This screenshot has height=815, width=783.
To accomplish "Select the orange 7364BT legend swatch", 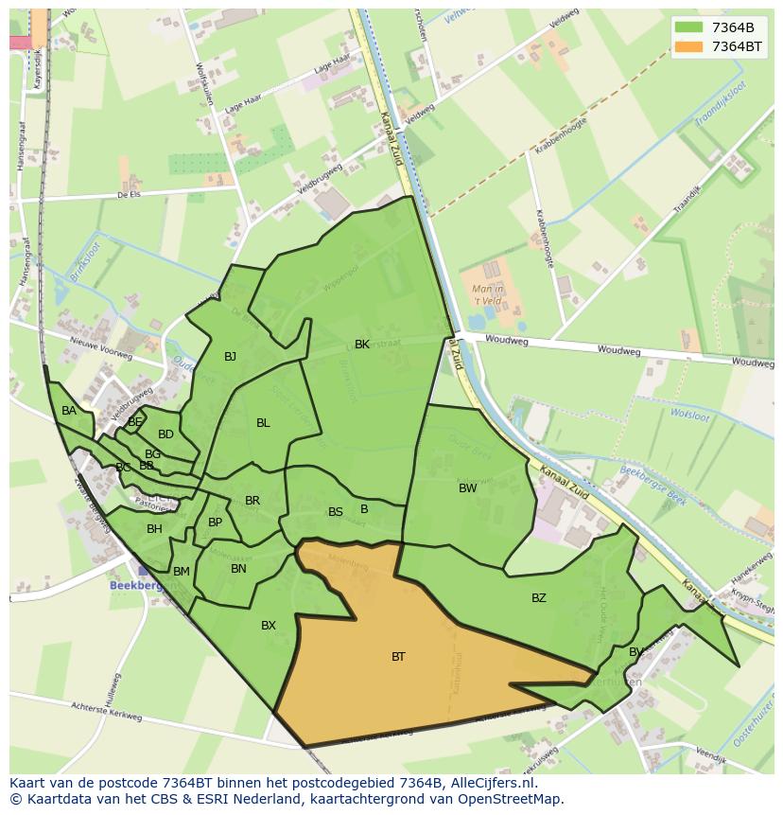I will coord(689,46).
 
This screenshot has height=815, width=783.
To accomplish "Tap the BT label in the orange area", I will coord(398,656).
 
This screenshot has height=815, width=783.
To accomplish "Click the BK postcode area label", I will coord(362,345).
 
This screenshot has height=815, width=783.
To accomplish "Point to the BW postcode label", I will coord(467,488).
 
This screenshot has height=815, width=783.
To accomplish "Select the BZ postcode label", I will coord(538,597).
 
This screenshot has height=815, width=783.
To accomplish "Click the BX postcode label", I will coord(269,626).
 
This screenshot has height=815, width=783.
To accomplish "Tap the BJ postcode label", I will coord(230,357).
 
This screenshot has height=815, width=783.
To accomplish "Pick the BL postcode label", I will coord(263,423).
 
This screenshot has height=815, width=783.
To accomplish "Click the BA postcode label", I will coord(69,411).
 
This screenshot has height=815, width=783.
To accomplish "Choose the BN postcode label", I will coord(238,569).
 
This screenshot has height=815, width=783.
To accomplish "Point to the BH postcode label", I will coord(154,529).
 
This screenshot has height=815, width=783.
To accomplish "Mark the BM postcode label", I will coord(182,571).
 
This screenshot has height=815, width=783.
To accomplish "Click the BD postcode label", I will coord(165,434).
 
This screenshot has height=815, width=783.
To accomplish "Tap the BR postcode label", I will coord(252,501).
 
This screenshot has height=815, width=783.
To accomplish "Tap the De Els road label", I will coord(128,194).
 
